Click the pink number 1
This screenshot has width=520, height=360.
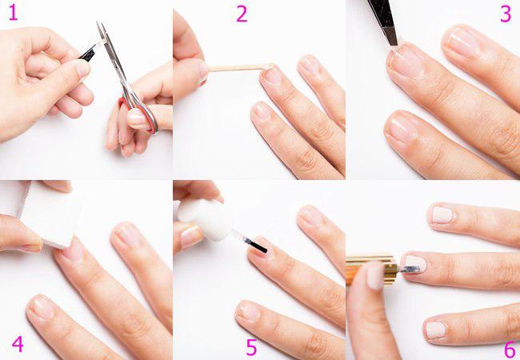click(x=13, y=13)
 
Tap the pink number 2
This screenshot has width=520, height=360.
click(x=242, y=14)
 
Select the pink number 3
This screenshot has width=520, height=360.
click(x=506, y=14)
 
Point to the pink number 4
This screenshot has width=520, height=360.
click(x=18, y=344)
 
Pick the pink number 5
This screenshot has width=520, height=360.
click(x=251, y=347)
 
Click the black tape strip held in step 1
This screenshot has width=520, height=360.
click(x=87, y=54)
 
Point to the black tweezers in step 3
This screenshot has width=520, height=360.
click(x=384, y=22)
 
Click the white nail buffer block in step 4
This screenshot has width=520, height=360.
click(x=50, y=215)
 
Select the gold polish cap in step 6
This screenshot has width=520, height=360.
click(x=371, y=270)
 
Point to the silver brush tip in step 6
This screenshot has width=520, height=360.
click(x=410, y=269)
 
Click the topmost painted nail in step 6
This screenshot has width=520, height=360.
click(x=442, y=214)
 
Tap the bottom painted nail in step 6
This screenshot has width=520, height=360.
click(x=436, y=330)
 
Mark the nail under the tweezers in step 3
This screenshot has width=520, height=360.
click(x=406, y=60)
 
